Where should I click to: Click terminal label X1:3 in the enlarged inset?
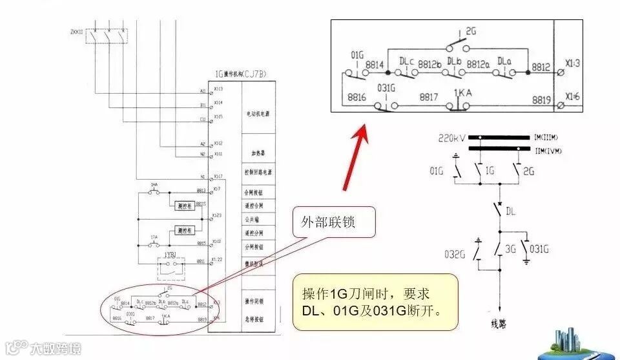pyautogui.click(x=572, y=63)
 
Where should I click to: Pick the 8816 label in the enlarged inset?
pyautogui.click(x=357, y=97)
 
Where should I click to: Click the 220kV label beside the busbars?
pyautogui.click(x=451, y=138)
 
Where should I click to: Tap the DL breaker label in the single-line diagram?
pyautogui.click(x=510, y=211)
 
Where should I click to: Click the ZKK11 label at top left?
pyautogui.click(x=76, y=30)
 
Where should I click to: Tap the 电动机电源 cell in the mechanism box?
pyautogui.click(x=258, y=114)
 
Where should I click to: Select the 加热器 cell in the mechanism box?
pyautogui.click(x=258, y=154)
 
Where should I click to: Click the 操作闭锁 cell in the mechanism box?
pyautogui.click(x=258, y=301)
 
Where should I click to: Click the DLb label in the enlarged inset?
pyautogui.click(x=455, y=61)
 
